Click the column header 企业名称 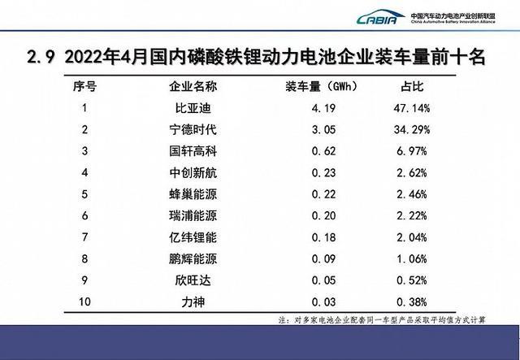coord(192,85)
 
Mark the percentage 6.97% coord(423,150)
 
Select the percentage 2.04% coord(423,237)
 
